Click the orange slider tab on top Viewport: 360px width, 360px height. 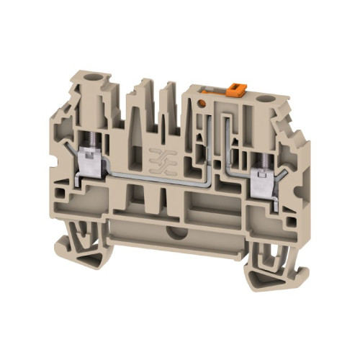point(233,90)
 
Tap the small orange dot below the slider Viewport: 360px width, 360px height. point(203,103)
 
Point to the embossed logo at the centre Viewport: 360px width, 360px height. point(159,159)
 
